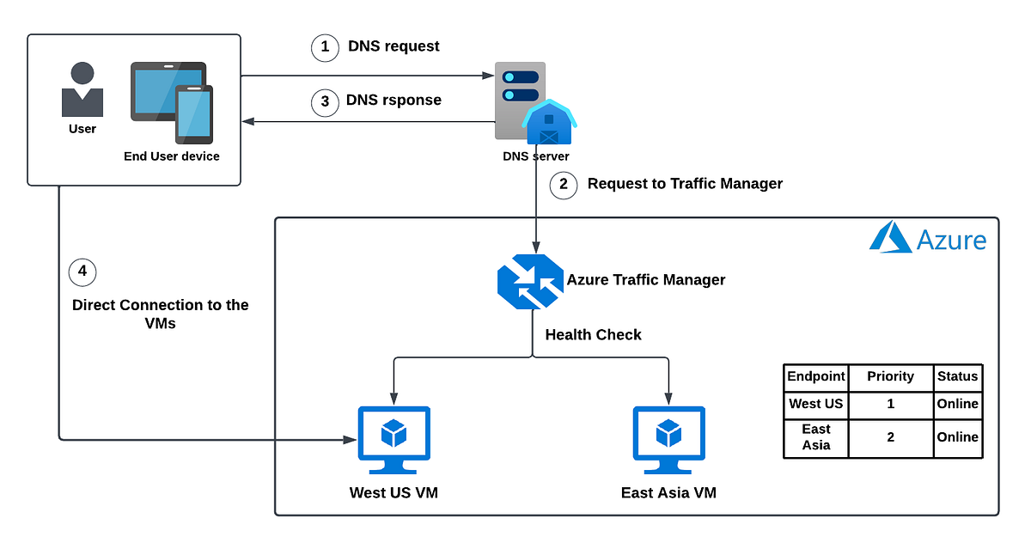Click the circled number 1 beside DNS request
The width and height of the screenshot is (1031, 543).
coord(325,47)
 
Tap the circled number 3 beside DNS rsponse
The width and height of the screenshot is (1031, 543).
coord(325,101)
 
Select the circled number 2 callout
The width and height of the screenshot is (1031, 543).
coord(564,184)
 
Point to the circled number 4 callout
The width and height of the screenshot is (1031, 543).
coord(82,272)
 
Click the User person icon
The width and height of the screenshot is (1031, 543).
coord(82,90)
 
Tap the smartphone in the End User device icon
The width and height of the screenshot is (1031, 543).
coord(193,114)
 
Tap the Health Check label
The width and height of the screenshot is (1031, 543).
coord(593,335)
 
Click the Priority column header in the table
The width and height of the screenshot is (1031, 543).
coord(890,376)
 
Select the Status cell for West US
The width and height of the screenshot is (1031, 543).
coord(957,404)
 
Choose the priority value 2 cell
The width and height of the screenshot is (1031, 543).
coord(890,437)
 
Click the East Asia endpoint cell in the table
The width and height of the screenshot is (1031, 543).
coord(815,437)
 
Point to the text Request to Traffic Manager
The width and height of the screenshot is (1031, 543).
coord(685,184)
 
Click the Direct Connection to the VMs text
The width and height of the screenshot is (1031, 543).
coord(160,314)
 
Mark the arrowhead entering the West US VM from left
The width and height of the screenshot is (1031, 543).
coord(350,440)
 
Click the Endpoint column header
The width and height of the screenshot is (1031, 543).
coord(815,376)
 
